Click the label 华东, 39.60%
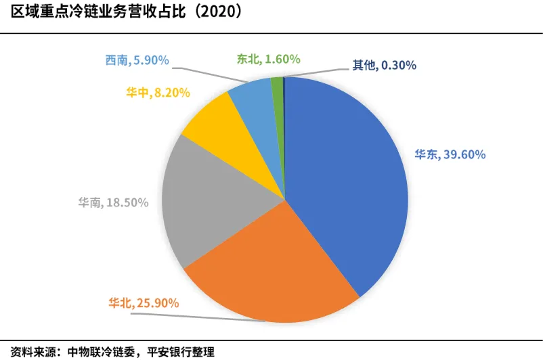click(x=450, y=154)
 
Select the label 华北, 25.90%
click(x=144, y=302)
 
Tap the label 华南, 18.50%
click(x=112, y=202)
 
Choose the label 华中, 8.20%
click(x=157, y=92)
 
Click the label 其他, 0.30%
click(x=384, y=66)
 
